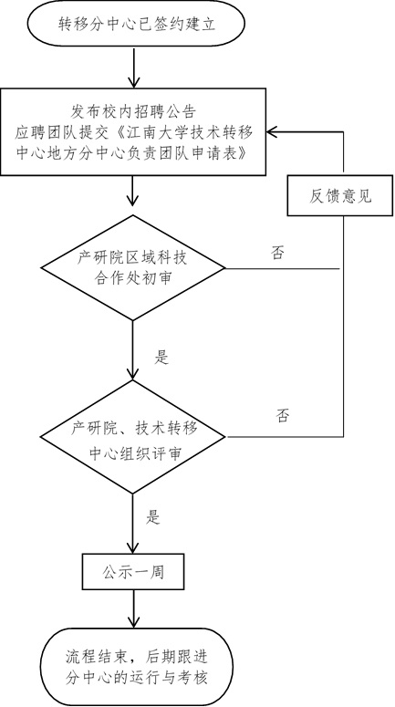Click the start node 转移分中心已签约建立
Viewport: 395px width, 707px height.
click(x=136, y=24)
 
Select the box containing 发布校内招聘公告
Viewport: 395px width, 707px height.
click(x=133, y=131)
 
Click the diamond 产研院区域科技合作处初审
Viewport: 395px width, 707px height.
click(x=132, y=268)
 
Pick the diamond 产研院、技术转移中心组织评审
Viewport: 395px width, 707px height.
click(x=132, y=436)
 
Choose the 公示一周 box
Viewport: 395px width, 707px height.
click(x=133, y=572)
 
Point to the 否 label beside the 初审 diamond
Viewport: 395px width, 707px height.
click(x=277, y=253)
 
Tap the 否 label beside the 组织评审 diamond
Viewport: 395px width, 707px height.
click(x=283, y=415)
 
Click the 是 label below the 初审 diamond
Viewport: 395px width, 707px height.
click(x=161, y=357)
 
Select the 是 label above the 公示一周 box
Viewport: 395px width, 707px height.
click(x=153, y=517)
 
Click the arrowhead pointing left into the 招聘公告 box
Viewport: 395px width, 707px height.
click(x=273, y=131)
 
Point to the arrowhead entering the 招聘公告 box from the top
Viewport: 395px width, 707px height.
click(x=134, y=81)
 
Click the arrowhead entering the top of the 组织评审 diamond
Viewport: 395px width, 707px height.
click(x=133, y=373)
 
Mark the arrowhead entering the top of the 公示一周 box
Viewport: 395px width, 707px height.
click(x=133, y=548)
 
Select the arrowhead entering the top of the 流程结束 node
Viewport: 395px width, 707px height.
click(x=134, y=622)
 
